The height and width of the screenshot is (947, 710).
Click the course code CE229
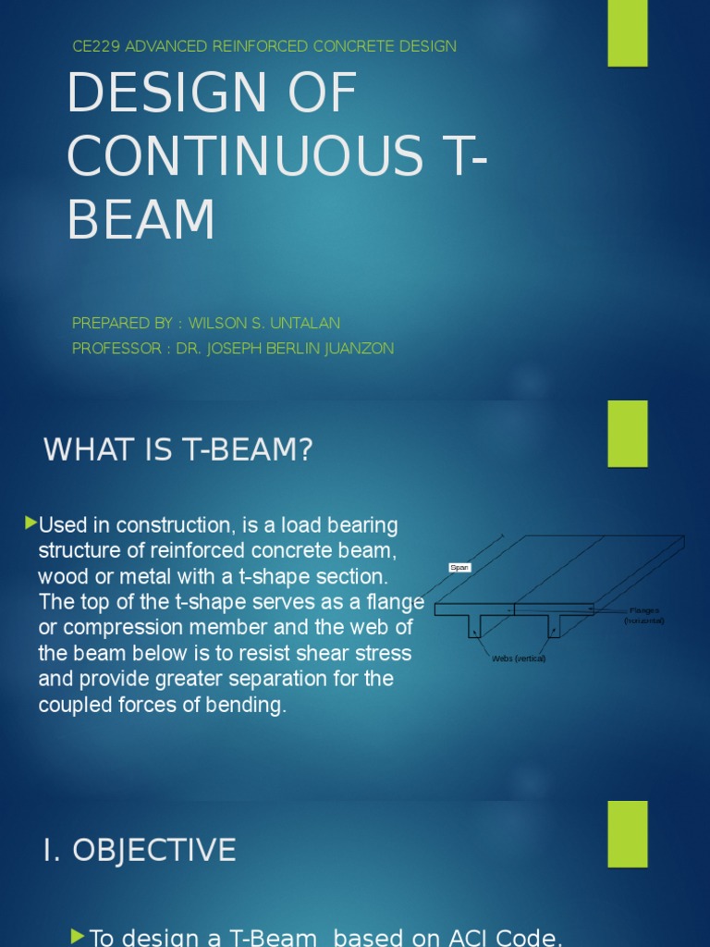coord(95,46)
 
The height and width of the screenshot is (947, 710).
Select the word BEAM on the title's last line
coord(141,219)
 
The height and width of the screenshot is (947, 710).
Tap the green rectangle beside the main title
coord(628,32)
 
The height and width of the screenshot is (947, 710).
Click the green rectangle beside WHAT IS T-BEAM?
coord(628,434)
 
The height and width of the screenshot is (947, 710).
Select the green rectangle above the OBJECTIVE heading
coord(628,834)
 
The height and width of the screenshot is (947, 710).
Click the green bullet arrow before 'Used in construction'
coord(31,524)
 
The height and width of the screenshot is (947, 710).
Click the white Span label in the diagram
coord(459,568)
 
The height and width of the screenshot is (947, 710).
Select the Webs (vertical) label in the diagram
coord(519,658)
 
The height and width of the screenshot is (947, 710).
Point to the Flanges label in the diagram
coord(644,610)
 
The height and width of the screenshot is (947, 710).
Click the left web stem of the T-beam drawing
coord(475,626)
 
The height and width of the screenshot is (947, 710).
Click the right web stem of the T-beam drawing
coord(554,626)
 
